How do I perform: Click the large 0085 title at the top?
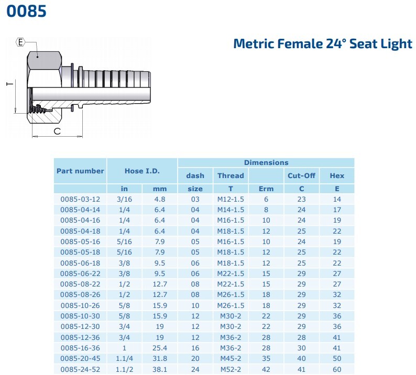tap(26, 11)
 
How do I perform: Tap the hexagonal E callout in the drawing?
tap(20, 42)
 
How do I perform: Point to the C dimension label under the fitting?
tap(57, 131)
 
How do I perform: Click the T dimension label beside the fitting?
tap(10, 84)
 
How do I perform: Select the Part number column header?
tap(80, 171)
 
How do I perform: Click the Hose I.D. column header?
tap(142, 171)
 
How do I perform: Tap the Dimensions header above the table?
tap(266, 162)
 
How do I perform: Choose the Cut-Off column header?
tap(301, 175)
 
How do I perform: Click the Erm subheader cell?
tap(266, 189)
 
